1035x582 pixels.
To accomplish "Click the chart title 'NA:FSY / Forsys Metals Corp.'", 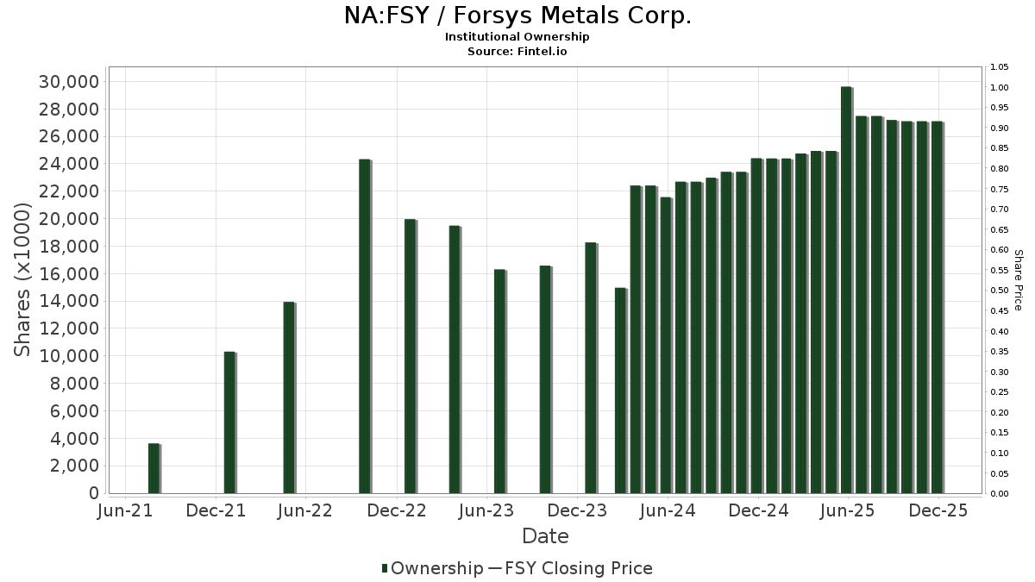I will click(517, 16).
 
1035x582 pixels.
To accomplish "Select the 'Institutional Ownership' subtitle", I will click(517, 37).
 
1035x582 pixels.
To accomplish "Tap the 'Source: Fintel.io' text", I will click(517, 52).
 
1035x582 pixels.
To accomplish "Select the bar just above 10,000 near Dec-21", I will click(229, 422).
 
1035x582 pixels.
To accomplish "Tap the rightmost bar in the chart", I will click(937, 307).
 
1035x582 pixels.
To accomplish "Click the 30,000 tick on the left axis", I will click(69, 82).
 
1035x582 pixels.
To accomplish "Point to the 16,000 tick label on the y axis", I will click(69, 274).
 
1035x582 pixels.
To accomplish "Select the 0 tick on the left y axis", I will click(92, 493).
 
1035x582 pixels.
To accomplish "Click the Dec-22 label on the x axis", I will click(397, 510).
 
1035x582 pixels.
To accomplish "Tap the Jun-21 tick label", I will click(127, 510).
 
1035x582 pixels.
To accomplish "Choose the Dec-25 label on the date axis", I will click(938, 510).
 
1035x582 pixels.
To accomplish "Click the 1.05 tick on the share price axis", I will click(1000, 67).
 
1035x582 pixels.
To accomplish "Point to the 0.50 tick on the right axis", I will click(1000, 291).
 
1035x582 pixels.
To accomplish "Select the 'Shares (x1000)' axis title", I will click(24, 280).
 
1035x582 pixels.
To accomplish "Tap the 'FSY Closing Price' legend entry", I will click(579, 568).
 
